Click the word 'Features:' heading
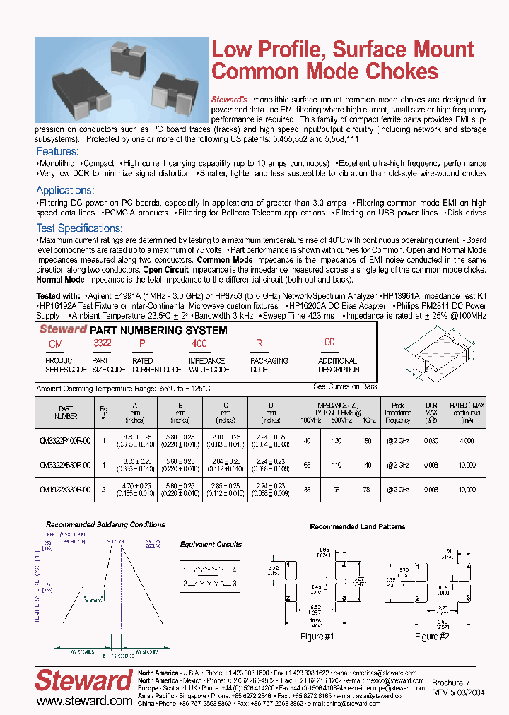click(x=57, y=152)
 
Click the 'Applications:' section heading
click(x=65, y=191)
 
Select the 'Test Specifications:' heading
click(x=79, y=228)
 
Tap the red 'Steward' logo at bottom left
click(x=83, y=681)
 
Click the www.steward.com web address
click(x=84, y=701)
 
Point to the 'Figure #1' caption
click(x=317, y=637)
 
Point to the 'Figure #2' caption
click(x=432, y=637)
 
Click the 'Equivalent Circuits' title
click(x=211, y=545)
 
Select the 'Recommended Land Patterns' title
click(x=358, y=527)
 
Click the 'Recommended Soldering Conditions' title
click(x=105, y=525)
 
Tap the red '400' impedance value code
click(x=199, y=343)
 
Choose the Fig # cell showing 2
click(x=105, y=488)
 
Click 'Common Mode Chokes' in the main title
click(x=325, y=72)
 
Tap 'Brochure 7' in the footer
click(x=451, y=683)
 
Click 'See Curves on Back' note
click(x=345, y=386)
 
